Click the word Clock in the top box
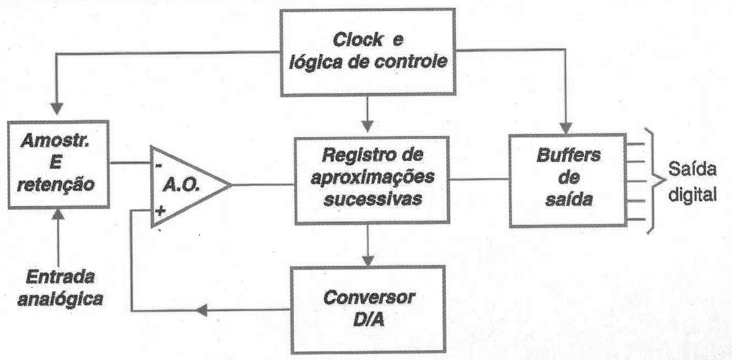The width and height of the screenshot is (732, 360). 358,40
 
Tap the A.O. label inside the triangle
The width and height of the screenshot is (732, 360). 181,186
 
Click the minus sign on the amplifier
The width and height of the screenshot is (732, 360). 159,166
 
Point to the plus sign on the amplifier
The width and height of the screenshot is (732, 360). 160,211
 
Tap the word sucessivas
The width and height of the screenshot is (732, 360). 373,199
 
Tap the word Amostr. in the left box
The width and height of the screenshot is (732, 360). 55,142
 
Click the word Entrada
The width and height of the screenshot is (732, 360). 60,277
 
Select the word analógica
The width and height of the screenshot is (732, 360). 60,299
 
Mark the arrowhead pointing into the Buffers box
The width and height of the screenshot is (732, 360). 566,128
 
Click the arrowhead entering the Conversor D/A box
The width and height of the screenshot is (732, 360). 368,260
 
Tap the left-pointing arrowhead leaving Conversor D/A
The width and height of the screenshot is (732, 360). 202,310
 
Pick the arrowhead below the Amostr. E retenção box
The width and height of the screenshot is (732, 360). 58,214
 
